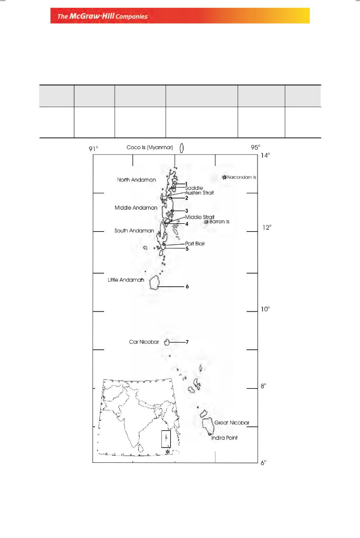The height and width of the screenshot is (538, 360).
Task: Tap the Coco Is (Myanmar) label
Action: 151,148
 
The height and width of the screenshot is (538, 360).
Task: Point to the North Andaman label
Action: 137,180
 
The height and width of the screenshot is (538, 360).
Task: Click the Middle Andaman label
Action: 136,208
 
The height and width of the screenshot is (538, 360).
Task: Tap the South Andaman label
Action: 134,231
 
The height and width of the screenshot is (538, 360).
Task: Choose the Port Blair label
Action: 195,244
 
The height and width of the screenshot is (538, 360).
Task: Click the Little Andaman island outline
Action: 155,283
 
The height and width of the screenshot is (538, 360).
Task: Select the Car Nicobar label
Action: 144,342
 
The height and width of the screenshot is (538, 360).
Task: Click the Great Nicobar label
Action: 231,422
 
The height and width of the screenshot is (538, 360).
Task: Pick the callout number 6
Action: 187,287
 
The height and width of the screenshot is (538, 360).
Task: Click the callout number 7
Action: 187,342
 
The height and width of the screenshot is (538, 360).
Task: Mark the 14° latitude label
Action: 265,156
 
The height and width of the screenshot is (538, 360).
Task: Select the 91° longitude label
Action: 93,149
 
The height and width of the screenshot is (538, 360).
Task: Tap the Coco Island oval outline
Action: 181,148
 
